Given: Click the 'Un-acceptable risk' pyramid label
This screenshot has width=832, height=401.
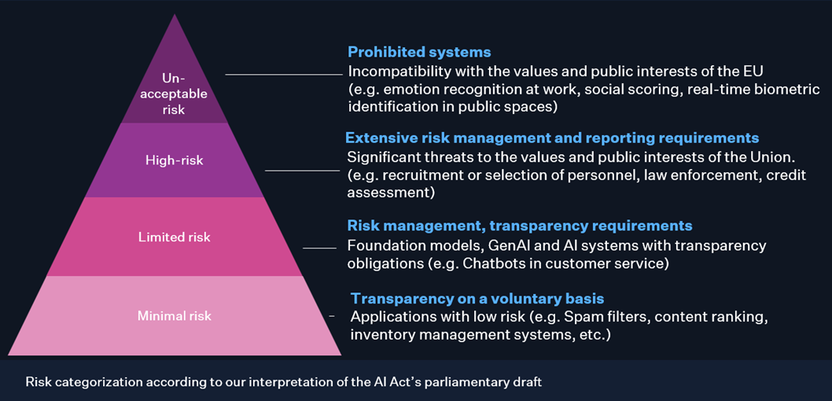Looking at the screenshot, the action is tap(174, 94).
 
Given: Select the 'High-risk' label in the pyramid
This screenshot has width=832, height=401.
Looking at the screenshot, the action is tap(174, 160).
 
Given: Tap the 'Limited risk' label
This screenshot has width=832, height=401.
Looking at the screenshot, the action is tap(174, 237).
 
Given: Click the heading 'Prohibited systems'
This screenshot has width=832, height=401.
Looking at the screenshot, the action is tap(419, 52).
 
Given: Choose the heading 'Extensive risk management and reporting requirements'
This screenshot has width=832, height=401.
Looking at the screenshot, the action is tap(552, 138).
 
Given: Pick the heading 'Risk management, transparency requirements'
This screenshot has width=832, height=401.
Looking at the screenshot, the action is tap(520, 226).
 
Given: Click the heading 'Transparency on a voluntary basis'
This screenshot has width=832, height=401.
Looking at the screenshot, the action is tap(477, 298).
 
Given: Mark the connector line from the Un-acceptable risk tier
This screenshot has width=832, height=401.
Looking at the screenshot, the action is tap(284, 75).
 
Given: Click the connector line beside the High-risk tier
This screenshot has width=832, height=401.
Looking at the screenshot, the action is tap(302, 171).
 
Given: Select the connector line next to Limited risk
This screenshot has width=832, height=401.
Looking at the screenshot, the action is tap(319, 248).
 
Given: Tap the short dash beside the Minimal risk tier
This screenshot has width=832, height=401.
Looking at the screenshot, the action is tap(332, 316).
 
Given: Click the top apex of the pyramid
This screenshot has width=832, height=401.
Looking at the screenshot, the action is tap(174, 14).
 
